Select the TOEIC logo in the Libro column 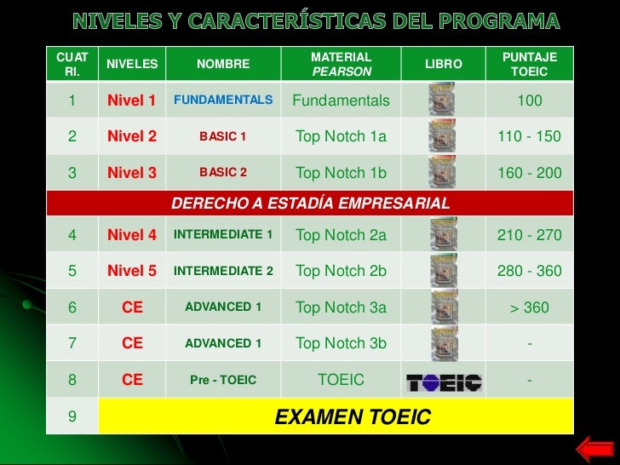click(443, 381)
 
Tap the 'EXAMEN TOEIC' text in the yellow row click(352, 417)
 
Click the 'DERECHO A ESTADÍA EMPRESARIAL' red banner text click(310, 204)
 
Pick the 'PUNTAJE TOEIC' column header click(529, 64)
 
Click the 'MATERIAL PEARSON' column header click(342, 64)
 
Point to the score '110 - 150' click(529, 136)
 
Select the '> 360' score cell click(529, 307)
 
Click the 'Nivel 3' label click(132, 173)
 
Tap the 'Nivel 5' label click(132, 271)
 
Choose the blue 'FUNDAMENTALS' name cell click(223, 100)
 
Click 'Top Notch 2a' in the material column click(341, 235)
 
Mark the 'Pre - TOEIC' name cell click(223, 380)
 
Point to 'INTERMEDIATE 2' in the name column click(223, 271)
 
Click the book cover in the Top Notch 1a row click(443, 136)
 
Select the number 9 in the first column click(72, 417)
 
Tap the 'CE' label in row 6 click(132, 307)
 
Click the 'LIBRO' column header click(443, 64)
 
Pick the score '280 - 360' click(529, 271)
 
